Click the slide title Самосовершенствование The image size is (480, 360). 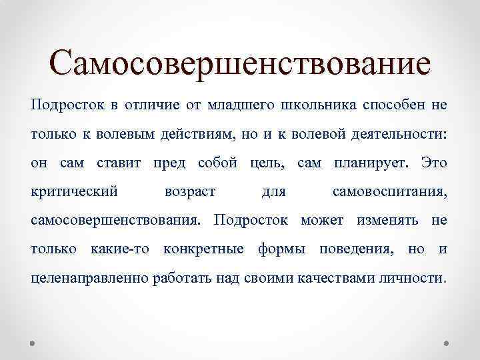240,65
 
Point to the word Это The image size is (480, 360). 434,163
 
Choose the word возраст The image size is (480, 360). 189,192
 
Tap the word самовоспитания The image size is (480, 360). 389,192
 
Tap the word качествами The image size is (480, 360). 339,277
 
